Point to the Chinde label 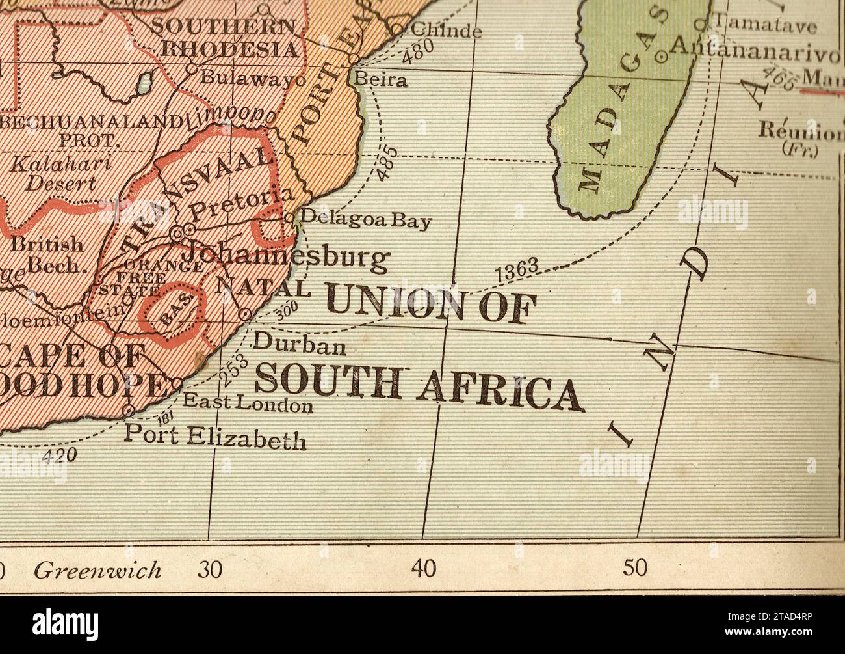(447, 30)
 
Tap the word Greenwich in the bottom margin (97, 571)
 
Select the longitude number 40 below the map (424, 569)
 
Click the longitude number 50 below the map (636, 569)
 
